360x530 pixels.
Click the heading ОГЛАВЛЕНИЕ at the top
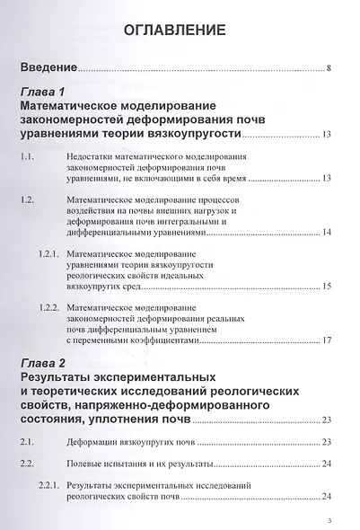pos(180,31)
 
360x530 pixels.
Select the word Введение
pos(48,67)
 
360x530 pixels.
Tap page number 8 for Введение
pos(329,68)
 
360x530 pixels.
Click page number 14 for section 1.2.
pos(327,233)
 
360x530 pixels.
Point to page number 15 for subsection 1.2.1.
pos(327,286)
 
